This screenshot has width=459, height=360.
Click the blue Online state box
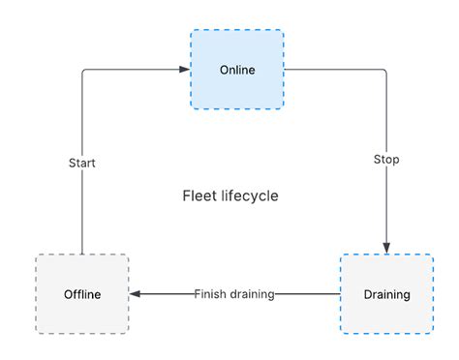(x=237, y=70)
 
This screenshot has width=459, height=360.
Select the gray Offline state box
(x=82, y=294)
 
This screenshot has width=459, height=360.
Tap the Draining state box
(x=386, y=294)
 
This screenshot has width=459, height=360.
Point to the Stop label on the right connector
(x=386, y=159)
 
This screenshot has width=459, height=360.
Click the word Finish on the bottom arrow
(x=210, y=294)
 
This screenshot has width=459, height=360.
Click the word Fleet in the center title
(x=199, y=195)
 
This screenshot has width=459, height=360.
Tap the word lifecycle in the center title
(x=249, y=195)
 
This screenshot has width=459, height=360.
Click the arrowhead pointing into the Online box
(x=184, y=70)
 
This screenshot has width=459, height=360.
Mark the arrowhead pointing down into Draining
(x=386, y=248)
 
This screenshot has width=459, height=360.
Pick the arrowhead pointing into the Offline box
(x=136, y=294)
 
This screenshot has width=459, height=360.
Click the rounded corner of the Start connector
(x=84, y=72)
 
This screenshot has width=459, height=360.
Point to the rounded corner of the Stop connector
(x=384, y=72)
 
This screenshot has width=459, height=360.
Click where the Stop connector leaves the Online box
(x=286, y=70)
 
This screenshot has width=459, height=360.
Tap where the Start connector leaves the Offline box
(x=82, y=254)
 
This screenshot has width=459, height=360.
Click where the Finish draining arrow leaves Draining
(x=340, y=294)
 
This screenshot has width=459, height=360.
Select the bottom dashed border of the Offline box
(x=82, y=334)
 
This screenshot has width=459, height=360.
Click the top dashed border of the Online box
(x=237, y=30)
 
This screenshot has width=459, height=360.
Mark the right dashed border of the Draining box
(x=433, y=294)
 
